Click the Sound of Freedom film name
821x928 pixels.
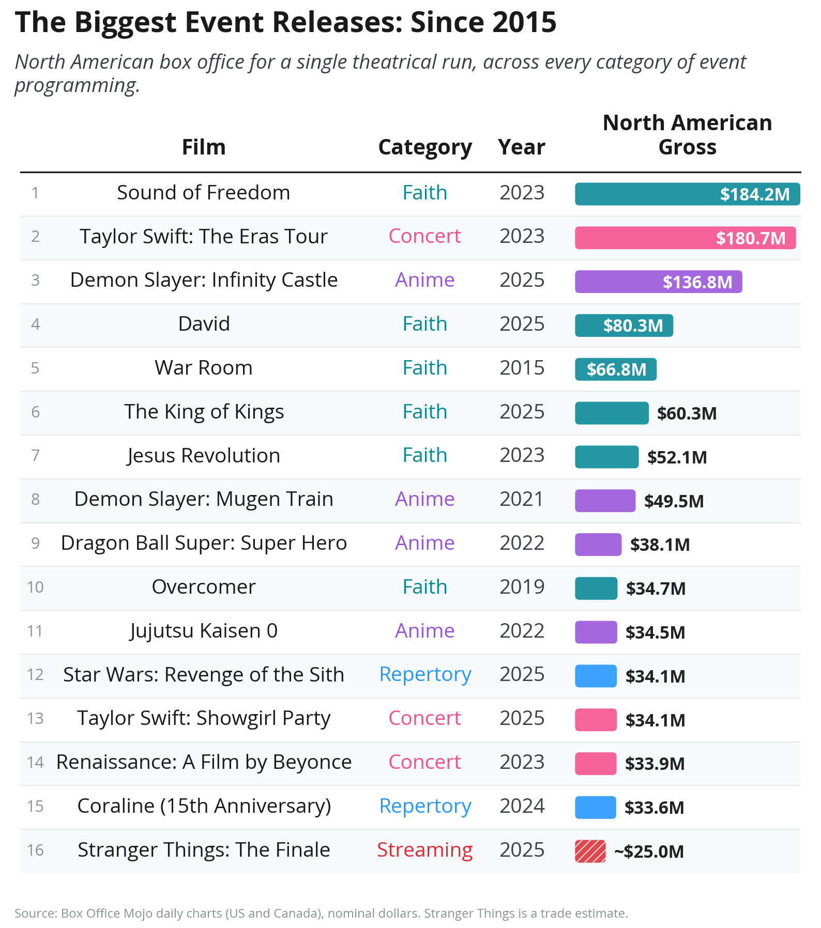[x=203, y=193]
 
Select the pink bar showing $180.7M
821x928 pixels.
[x=685, y=238]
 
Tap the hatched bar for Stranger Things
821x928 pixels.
[x=590, y=851]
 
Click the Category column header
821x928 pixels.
[x=425, y=148]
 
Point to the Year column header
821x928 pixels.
[x=522, y=147]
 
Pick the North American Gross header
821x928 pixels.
[x=687, y=135]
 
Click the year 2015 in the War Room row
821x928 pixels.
[x=522, y=368]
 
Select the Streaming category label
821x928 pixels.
[x=424, y=850]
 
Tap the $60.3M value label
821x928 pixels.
[x=687, y=413]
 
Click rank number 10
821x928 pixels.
[x=35, y=587]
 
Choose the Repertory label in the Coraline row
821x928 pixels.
[x=425, y=807]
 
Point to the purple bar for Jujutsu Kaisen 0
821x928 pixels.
[x=596, y=632]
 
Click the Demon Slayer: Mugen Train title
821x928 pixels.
[x=204, y=500]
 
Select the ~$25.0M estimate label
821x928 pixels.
[x=649, y=852]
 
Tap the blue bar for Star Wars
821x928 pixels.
[x=596, y=676]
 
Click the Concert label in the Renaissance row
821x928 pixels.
[x=424, y=762]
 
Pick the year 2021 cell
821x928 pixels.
[x=522, y=499]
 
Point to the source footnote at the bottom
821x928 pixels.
[x=321, y=914]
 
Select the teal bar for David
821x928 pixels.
[x=624, y=326]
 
